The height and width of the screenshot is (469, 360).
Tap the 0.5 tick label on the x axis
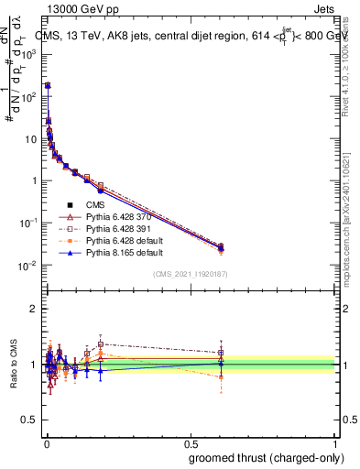coord(190,443)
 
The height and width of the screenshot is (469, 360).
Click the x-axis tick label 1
coord(335,443)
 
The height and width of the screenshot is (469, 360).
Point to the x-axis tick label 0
coord(45,443)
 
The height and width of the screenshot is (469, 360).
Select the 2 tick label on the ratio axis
coord(34,309)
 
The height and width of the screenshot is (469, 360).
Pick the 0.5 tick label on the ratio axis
coord(30,421)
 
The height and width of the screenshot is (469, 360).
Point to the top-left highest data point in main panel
coord(47,85)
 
